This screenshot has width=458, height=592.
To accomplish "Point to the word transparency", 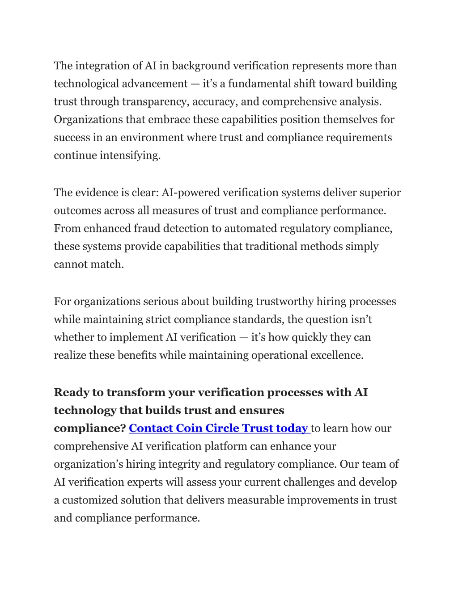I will (x=155, y=102).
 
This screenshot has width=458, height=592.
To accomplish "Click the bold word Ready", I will (x=71, y=393).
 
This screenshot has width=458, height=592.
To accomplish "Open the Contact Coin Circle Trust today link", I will (x=219, y=428).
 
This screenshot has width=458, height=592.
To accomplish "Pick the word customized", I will (x=89, y=500).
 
